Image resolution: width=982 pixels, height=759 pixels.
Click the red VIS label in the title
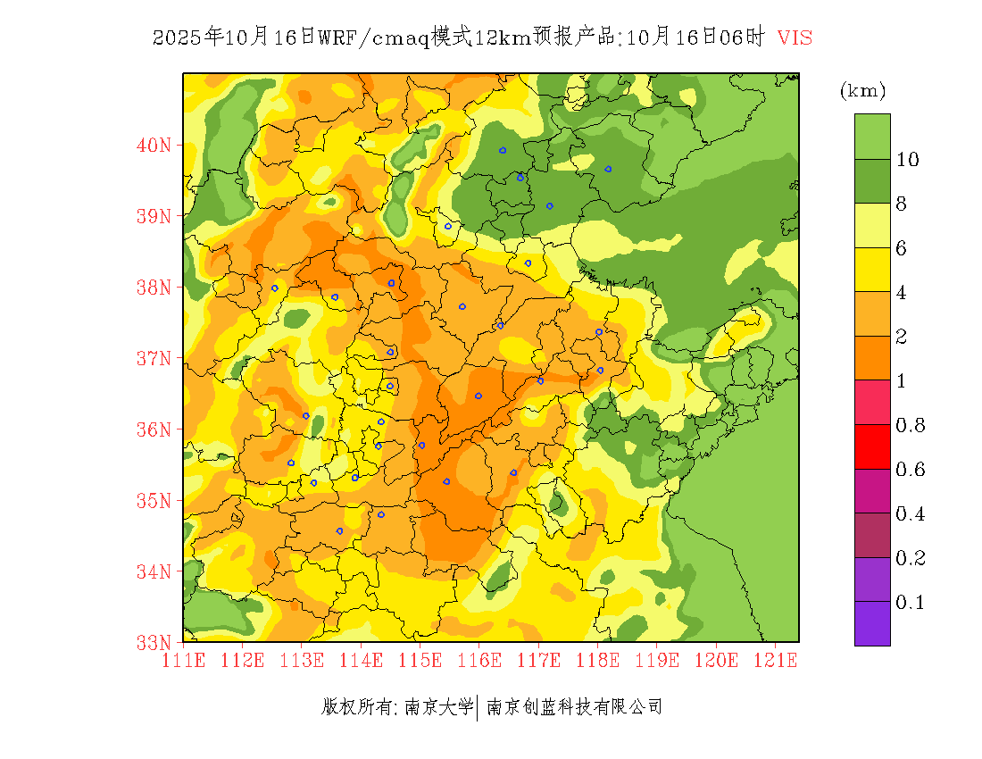click(795, 38)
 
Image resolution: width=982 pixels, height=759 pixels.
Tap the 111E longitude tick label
click(183, 661)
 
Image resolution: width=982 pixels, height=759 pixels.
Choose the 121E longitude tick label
click(775, 661)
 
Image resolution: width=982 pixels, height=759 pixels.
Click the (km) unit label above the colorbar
click(862, 91)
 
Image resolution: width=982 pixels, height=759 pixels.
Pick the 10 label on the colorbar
click(908, 160)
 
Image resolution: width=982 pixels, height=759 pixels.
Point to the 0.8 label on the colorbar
click(911, 425)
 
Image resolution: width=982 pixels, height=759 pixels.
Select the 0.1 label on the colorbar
click(911, 603)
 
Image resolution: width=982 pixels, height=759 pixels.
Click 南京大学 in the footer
click(438, 707)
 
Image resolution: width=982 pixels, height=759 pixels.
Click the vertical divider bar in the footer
click(479, 707)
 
